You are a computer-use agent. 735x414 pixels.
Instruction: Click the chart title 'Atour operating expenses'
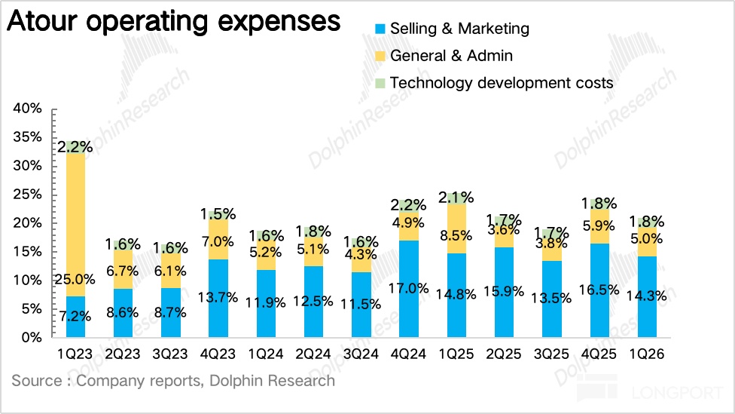pyautogui.click(x=173, y=22)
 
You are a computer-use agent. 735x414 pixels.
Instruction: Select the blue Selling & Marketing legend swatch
pyautogui.click(x=380, y=29)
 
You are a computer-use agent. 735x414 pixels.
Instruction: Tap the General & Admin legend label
pyautogui.click(x=451, y=56)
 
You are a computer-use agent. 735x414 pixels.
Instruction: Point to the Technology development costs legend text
pyautogui.click(x=502, y=83)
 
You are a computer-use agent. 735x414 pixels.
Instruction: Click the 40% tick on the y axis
pyautogui.click(x=27, y=109)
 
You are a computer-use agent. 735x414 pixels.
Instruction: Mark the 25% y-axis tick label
pyautogui.click(x=27, y=195)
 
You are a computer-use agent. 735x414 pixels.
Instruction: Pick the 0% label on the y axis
pyautogui.click(x=32, y=338)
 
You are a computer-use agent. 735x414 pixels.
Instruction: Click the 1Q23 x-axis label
pyautogui.click(x=75, y=354)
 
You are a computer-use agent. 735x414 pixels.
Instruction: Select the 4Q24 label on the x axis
pyautogui.click(x=408, y=354)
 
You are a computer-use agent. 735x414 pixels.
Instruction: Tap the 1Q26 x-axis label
pyautogui.click(x=646, y=354)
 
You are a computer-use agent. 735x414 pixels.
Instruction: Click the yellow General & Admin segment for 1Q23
pyautogui.click(x=75, y=225)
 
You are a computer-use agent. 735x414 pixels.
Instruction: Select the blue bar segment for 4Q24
pyautogui.click(x=409, y=289)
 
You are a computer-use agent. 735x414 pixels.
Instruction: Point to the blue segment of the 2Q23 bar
pyautogui.click(x=123, y=313)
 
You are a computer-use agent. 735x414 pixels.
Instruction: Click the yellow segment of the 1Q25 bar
pyautogui.click(x=456, y=228)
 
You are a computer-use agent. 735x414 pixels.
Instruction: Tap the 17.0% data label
pyautogui.click(x=409, y=288)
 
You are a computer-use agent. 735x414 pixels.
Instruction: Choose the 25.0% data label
pyautogui.click(x=75, y=280)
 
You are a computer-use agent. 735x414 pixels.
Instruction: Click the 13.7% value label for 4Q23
pyautogui.click(x=218, y=297)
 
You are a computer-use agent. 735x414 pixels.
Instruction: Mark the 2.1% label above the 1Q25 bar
pyautogui.click(x=456, y=198)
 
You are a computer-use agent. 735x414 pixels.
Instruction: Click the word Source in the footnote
pyautogui.click(x=36, y=381)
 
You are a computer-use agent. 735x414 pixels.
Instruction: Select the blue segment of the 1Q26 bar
pyautogui.click(x=647, y=296)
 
